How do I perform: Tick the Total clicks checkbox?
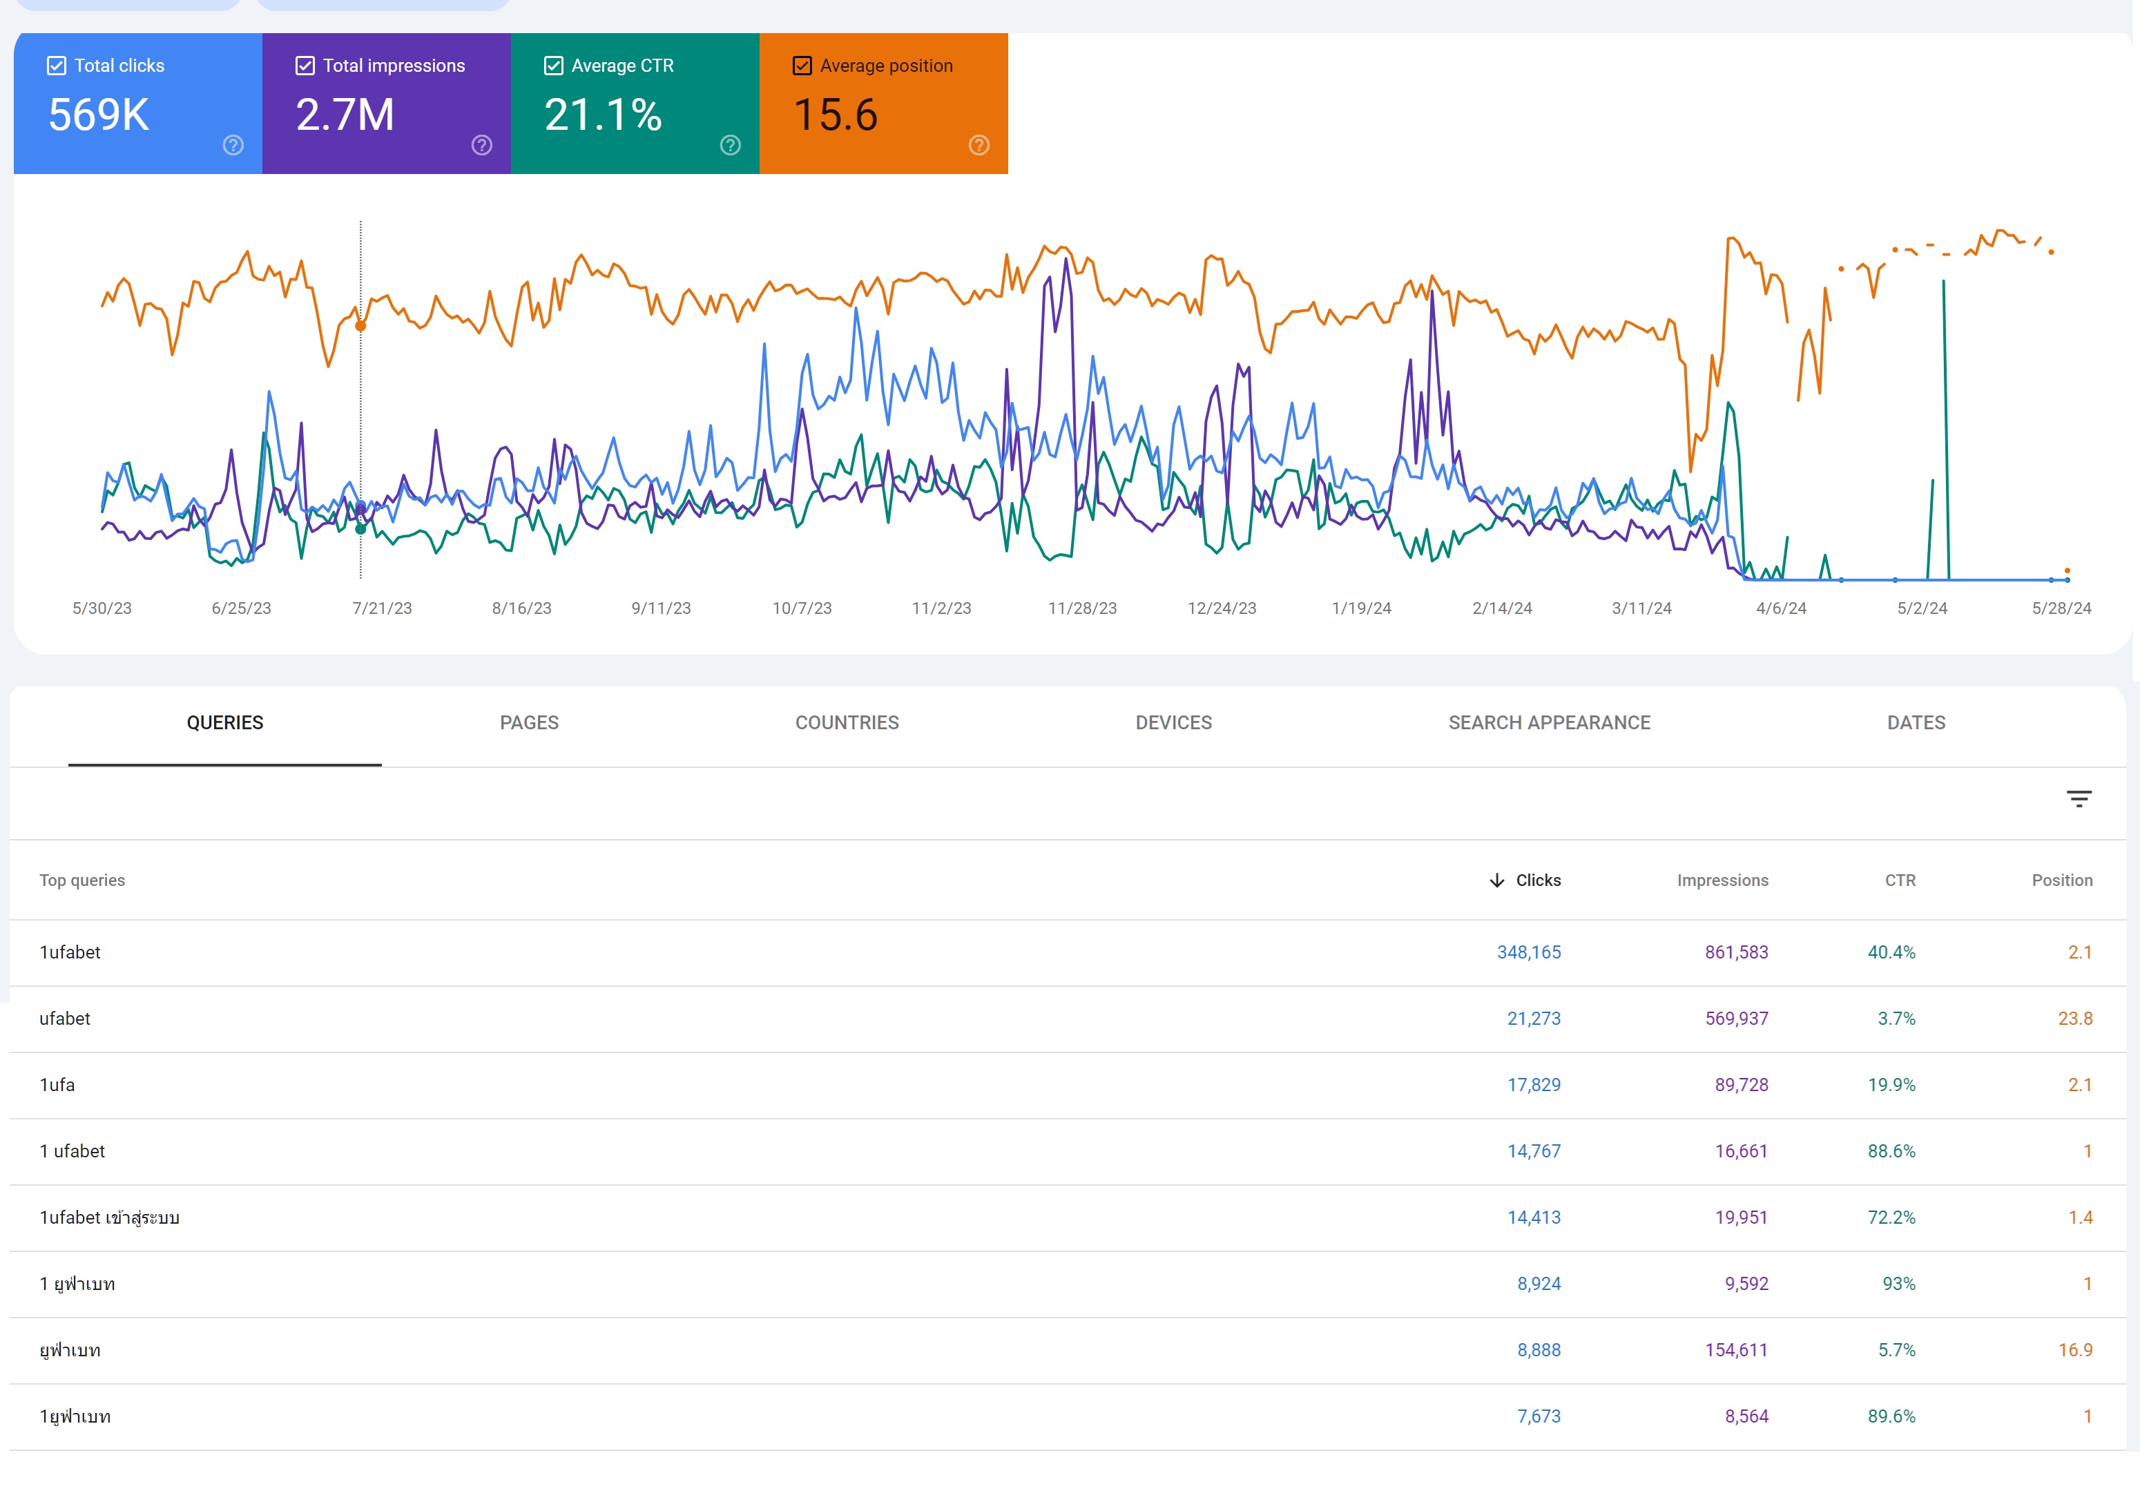coord(57,66)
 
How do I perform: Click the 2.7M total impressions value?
coord(345,115)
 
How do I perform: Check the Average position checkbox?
coord(802,66)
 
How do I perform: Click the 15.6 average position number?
coord(835,115)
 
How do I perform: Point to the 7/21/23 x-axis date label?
coord(381,608)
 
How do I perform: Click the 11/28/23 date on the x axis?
coord(1081,608)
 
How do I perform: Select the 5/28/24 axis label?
coord(2061,608)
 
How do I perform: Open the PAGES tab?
coord(528,722)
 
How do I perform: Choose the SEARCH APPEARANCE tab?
coord(1548,722)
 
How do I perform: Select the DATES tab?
coord(1916,722)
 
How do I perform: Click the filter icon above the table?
coord(2079,799)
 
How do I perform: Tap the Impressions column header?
coord(1722,880)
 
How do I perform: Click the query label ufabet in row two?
coord(64,1018)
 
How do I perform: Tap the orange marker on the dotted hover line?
coord(360,325)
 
